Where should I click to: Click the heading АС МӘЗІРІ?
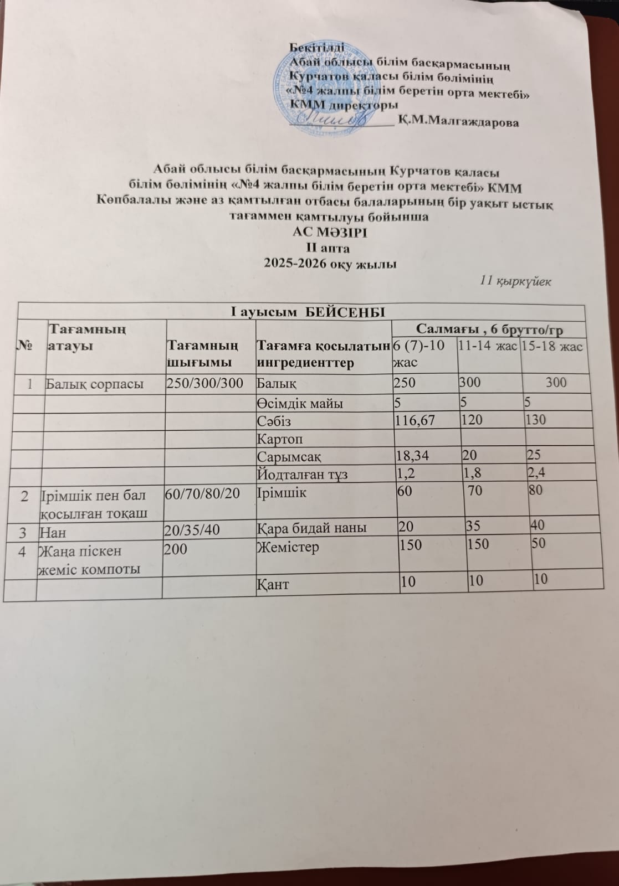coord(330,231)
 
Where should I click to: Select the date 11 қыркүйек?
coord(515,281)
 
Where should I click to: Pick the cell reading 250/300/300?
coord(206,383)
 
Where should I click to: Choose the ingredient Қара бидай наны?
coord(312,528)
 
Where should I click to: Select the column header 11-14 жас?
coord(487,346)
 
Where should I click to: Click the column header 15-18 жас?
coord(553,347)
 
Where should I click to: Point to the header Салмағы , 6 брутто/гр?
coord(489,330)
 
